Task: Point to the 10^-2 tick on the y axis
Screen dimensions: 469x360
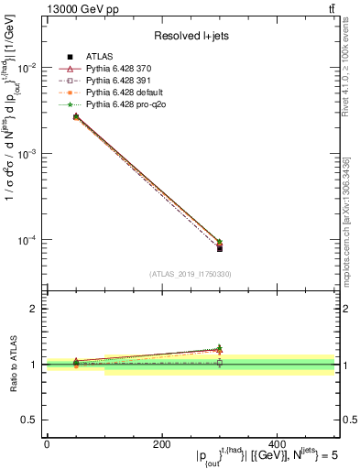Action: click(x=27, y=68)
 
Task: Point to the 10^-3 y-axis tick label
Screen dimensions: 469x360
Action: click(x=27, y=154)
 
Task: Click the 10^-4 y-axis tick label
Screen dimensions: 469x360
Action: click(x=27, y=240)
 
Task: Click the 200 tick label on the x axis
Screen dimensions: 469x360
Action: click(x=161, y=443)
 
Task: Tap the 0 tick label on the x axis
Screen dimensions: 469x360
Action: click(x=47, y=443)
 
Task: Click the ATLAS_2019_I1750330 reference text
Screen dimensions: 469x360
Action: click(x=190, y=274)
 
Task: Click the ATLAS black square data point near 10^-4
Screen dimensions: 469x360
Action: click(x=220, y=248)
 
